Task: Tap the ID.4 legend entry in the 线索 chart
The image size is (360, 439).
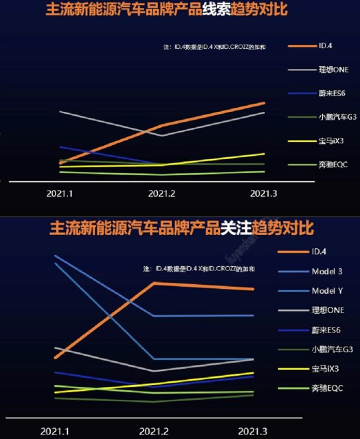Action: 325,46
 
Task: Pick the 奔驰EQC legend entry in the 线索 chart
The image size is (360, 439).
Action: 333,165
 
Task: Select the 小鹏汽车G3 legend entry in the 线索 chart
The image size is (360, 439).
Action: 337,117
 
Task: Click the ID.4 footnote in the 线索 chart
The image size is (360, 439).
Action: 215,47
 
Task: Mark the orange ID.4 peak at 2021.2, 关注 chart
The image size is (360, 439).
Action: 154,283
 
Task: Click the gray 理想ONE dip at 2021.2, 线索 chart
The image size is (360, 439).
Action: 162,136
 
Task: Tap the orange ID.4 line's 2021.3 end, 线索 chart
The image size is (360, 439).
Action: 264,103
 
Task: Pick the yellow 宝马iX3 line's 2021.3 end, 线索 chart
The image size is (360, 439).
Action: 264,154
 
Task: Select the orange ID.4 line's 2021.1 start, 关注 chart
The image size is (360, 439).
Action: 56,358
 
